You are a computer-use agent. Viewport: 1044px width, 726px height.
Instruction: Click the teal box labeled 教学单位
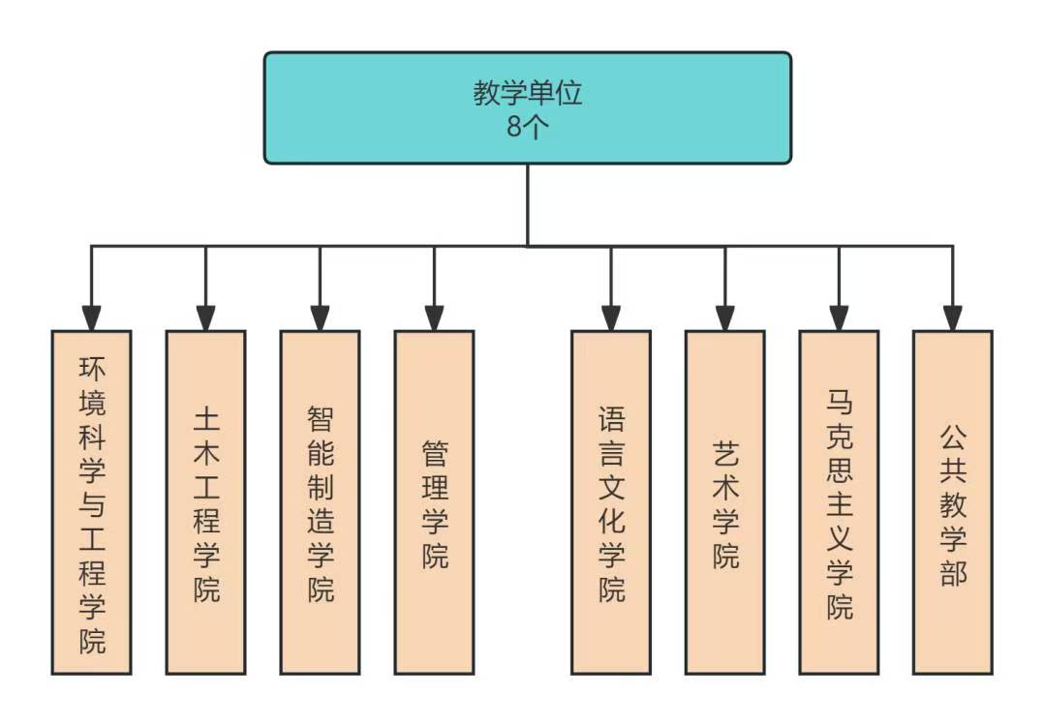(x=528, y=106)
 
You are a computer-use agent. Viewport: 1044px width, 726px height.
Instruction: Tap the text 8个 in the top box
(x=528, y=127)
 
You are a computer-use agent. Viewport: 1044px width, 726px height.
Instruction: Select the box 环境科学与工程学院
(x=91, y=502)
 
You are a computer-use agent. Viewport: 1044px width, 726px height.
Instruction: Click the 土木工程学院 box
(x=205, y=502)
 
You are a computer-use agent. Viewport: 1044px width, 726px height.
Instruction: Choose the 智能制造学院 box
(x=320, y=502)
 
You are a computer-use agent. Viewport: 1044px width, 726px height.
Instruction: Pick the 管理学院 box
(x=434, y=502)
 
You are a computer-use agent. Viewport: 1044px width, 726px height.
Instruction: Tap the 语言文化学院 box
(x=610, y=502)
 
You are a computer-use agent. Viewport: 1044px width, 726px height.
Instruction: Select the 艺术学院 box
(x=724, y=502)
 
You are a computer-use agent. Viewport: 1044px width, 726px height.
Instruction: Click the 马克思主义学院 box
(x=839, y=502)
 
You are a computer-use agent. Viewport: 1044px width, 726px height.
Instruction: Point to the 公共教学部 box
(x=953, y=502)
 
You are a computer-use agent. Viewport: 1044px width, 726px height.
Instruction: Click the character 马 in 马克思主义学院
(x=840, y=399)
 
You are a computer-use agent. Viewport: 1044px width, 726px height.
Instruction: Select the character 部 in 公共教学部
(x=953, y=573)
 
